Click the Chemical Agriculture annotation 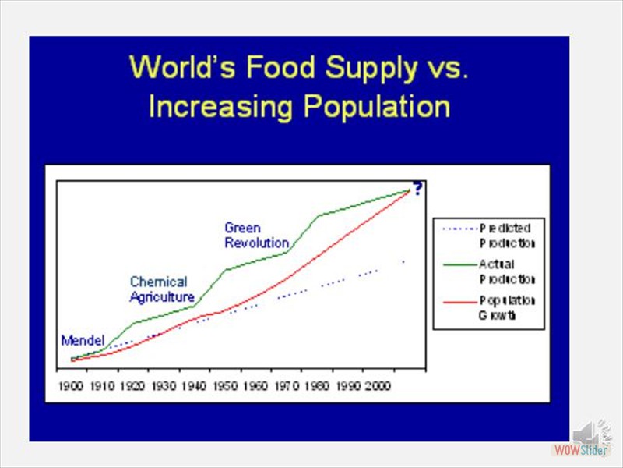(160, 289)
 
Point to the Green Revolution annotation (256, 236)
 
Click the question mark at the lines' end (417, 188)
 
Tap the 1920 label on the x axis (132, 386)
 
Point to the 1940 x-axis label (192, 386)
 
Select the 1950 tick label (223, 386)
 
